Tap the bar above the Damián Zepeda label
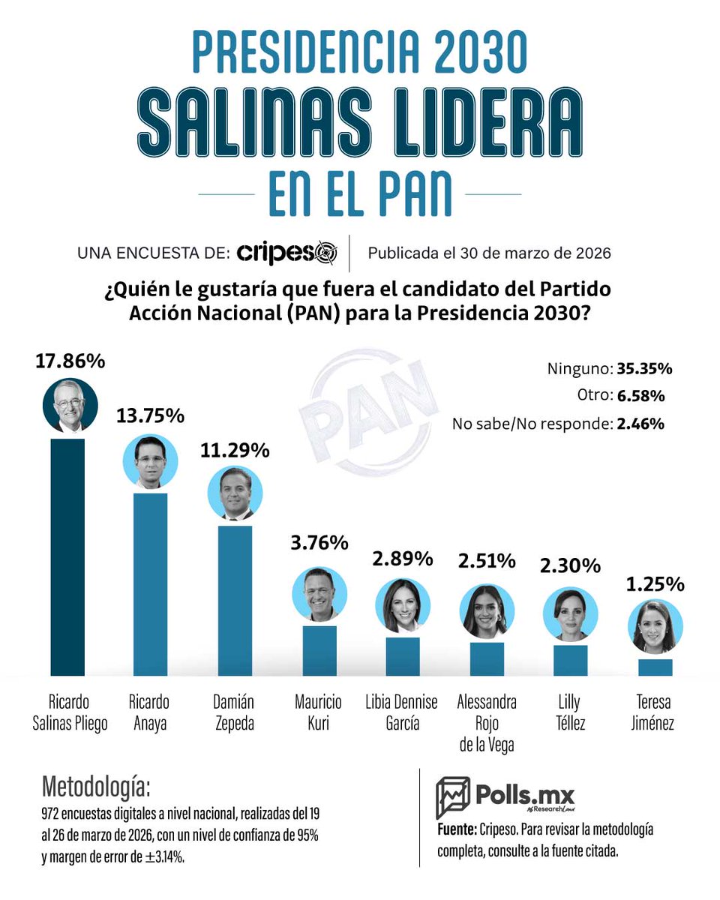click(235, 600)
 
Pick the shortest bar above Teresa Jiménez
click(655, 667)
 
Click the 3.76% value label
click(319, 542)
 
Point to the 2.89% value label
click(403, 558)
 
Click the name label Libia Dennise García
click(403, 712)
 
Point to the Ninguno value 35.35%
click(644, 369)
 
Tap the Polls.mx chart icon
click(452, 797)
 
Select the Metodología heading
click(96, 787)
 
